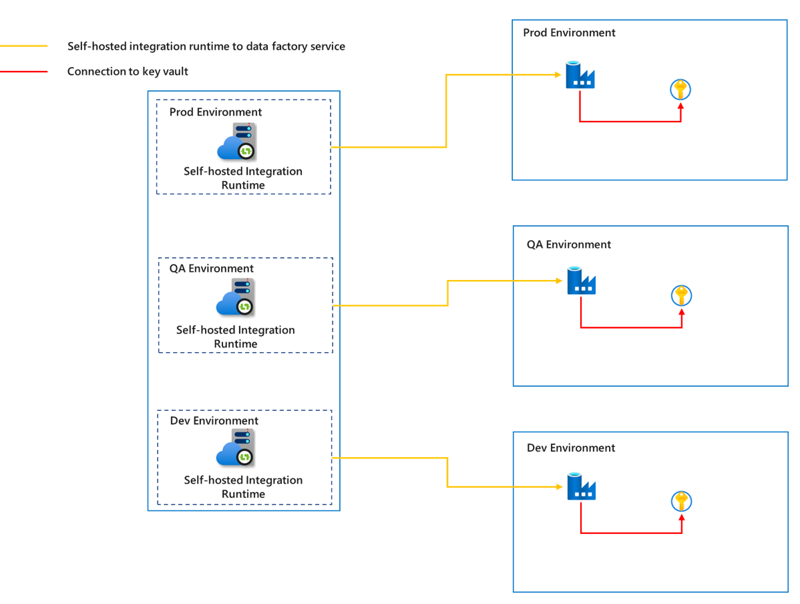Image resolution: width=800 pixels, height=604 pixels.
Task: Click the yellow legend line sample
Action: (24, 46)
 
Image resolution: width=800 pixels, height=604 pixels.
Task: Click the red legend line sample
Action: (24, 71)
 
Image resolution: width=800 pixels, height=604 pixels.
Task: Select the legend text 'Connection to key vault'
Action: (128, 71)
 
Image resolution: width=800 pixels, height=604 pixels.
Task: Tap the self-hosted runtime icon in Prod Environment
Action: (238, 142)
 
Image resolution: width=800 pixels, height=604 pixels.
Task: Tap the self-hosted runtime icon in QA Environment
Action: (236, 297)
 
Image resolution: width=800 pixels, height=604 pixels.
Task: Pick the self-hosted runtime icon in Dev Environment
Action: (236, 448)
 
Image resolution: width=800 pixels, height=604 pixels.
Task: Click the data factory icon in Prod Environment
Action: (580, 75)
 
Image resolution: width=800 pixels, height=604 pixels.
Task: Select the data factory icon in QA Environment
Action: (581, 281)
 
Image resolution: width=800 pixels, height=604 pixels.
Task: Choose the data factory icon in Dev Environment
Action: (581, 486)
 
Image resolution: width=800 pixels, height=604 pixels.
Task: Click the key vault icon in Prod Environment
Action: (680, 90)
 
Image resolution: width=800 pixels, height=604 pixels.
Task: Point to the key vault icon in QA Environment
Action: (681, 295)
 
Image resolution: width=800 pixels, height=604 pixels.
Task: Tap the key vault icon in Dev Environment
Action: (681, 501)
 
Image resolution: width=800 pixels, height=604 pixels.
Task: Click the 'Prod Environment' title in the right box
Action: (569, 33)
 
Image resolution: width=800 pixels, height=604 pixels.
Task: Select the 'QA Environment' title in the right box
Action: (568, 245)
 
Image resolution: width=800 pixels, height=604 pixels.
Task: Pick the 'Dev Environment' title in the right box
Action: (571, 448)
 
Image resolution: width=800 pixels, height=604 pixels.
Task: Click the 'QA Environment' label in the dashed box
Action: (211, 269)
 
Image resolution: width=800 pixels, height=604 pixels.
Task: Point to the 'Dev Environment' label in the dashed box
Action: (214, 421)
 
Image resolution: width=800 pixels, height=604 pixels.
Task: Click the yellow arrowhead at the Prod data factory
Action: (557, 75)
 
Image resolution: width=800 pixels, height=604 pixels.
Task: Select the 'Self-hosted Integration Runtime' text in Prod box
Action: (243, 178)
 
